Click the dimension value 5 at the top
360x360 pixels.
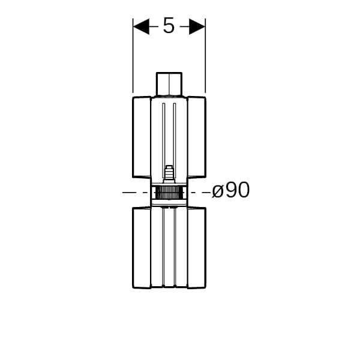[169, 26]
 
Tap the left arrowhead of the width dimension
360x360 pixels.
[141, 26]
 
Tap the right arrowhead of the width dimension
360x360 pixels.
[197, 26]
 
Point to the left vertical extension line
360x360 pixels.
[133, 56]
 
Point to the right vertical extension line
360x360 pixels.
[205, 56]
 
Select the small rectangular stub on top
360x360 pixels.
[169, 84]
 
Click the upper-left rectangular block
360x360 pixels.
[142, 137]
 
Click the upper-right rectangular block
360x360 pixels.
[197, 137]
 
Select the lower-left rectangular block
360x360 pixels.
[142, 248]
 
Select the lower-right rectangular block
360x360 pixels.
[197, 248]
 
